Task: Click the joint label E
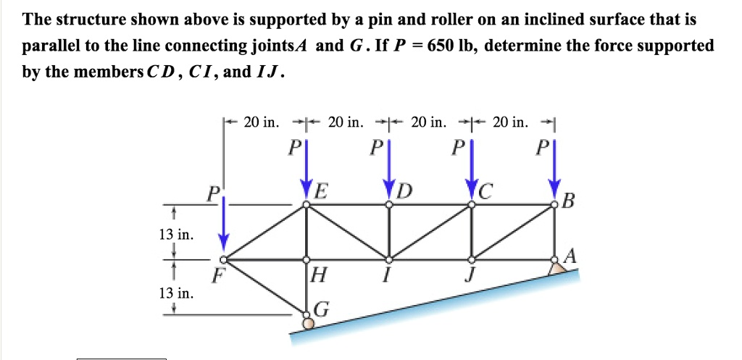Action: click(x=320, y=193)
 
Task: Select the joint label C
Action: click(x=485, y=193)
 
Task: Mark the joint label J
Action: click(x=471, y=277)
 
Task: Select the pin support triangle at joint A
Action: click(x=556, y=267)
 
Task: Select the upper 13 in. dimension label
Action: click(x=174, y=234)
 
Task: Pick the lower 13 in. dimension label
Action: click(x=174, y=293)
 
